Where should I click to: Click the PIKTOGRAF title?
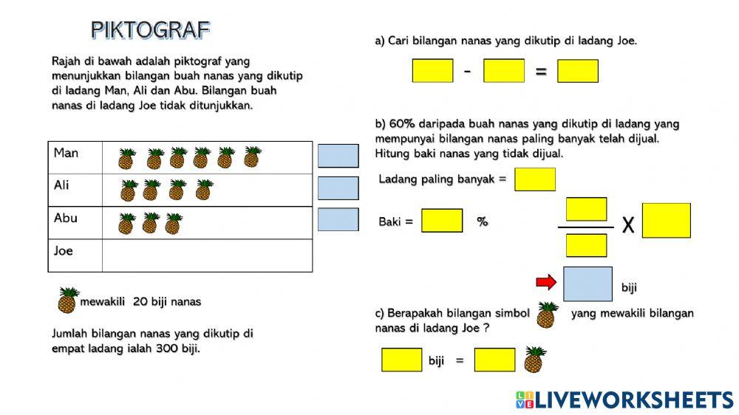[x=150, y=30]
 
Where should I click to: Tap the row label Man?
[x=66, y=153]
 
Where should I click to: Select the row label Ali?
[x=61, y=185]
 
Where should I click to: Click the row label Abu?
[x=66, y=218]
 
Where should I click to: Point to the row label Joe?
[x=63, y=250]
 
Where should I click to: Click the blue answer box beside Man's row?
[x=338, y=156]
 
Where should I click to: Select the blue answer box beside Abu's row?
[x=338, y=219]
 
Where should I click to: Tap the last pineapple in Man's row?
[x=253, y=157]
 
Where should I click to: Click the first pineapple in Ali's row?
[x=128, y=191]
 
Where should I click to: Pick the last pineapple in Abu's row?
[x=174, y=223]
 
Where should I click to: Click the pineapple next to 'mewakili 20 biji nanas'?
[x=68, y=300]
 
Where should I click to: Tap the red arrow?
[x=546, y=282]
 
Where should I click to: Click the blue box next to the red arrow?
[x=588, y=284]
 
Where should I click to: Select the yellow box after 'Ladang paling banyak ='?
[x=535, y=179]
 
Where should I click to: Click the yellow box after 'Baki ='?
[x=442, y=221]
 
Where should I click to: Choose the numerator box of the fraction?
[x=586, y=209]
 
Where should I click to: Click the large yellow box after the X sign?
[x=667, y=221]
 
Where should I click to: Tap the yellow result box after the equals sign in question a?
[x=578, y=71]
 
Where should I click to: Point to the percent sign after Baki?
[x=483, y=222]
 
